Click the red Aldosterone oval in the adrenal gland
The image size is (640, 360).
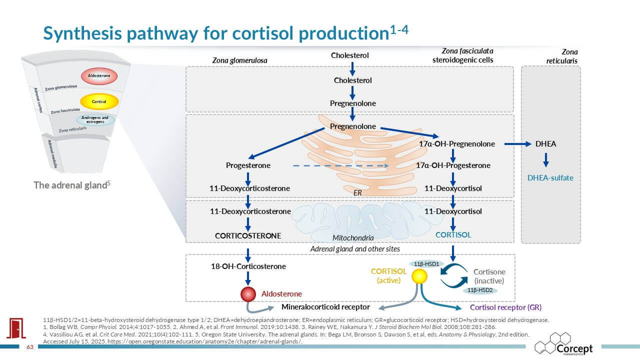[99, 75]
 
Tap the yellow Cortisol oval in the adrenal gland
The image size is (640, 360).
[99, 101]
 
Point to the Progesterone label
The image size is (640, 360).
[248, 165]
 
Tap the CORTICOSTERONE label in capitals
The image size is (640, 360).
[248, 235]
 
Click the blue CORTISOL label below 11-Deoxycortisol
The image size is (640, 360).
[453, 234]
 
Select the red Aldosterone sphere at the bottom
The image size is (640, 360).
[248, 294]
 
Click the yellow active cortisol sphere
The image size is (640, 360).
[419, 276]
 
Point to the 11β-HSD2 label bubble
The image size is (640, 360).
[478, 290]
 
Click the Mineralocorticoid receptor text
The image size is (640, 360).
[325, 307]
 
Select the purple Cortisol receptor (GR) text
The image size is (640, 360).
[505, 307]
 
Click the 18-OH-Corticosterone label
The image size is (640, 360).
[248, 266]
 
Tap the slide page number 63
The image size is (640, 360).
[29, 347]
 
